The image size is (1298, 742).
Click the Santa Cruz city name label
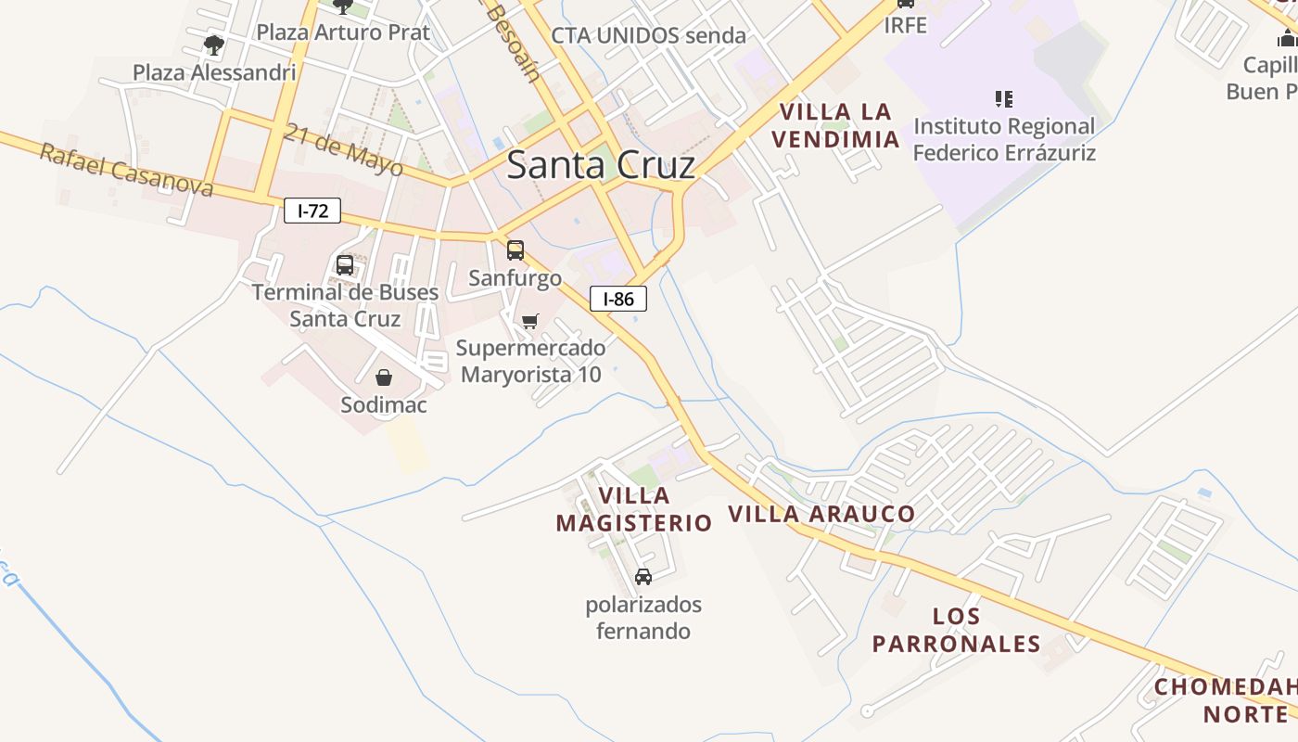coord(601,165)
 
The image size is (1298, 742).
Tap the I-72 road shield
coord(312,211)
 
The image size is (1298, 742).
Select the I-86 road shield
coord(618,299)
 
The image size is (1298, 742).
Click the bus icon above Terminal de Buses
coord(345,265)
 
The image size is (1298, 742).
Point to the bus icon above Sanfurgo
coord(515,249)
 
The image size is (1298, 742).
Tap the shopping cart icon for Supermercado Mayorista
coord(529,321)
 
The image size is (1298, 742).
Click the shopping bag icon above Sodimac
coord(384,377)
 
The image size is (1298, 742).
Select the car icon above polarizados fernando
coord(643,577)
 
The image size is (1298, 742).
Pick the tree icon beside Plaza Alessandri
coord(214,45)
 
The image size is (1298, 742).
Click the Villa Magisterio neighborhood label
coord(634,509)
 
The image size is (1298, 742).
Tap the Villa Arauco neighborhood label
coord(821,514)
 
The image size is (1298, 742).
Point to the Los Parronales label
coord(956,630)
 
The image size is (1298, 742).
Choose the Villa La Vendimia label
coord(838,125)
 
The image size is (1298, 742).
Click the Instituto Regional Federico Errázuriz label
coord(1004,139)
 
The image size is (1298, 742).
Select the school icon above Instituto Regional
coord(1003,98)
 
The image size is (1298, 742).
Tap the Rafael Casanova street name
coord(126,171)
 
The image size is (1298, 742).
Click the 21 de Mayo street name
coord(344,149)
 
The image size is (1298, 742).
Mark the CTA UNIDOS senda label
coord(648,35)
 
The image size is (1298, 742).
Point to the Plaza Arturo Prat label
coord(343,32)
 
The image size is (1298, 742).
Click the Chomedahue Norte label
coord(1226,701)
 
